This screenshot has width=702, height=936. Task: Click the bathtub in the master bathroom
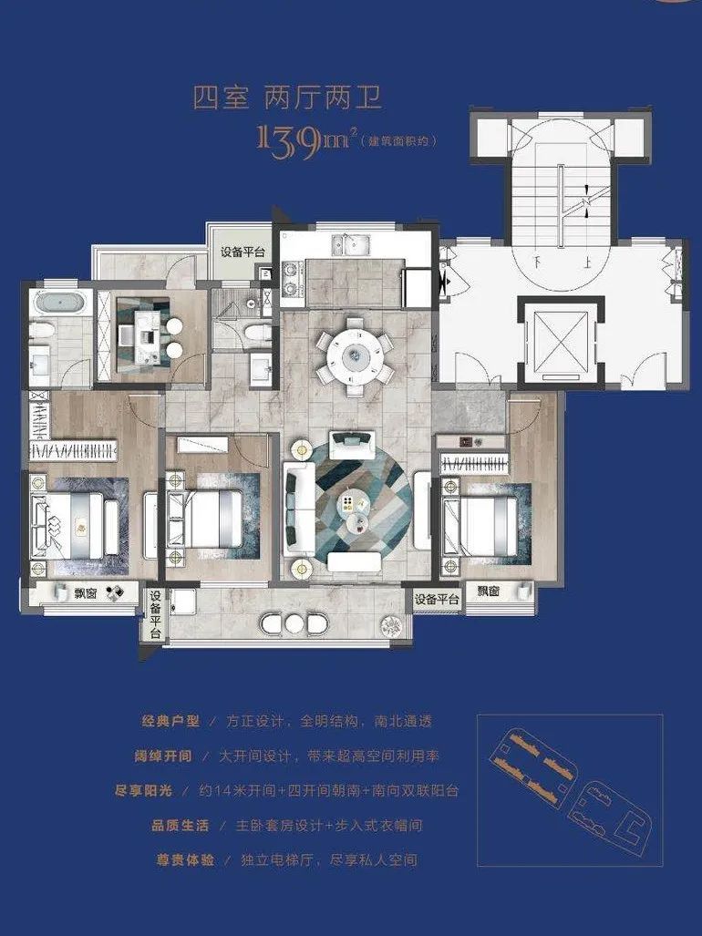[x=58, y=303]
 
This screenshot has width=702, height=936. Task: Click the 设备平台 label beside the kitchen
[x=243, y=252]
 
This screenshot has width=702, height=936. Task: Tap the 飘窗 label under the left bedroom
[x=88, y=592]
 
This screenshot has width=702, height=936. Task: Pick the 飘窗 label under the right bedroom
[x=489, y=591]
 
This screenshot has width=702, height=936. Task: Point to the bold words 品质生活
[x=181, y=825]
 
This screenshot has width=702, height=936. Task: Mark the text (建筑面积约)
[x=399, y=141]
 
